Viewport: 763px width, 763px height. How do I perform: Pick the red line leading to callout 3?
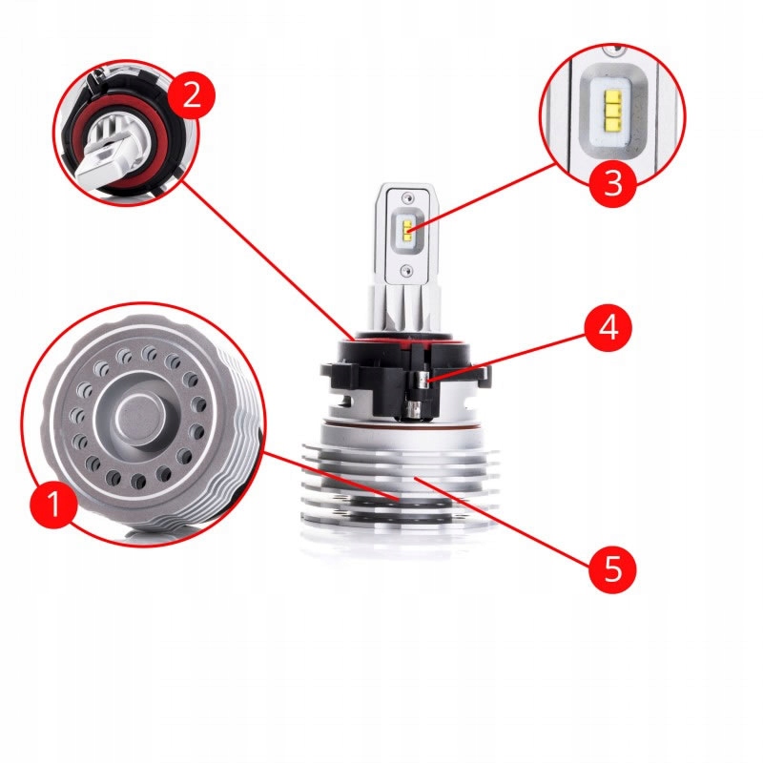point(486,196)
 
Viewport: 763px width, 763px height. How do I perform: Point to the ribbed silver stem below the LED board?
point(405,310)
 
